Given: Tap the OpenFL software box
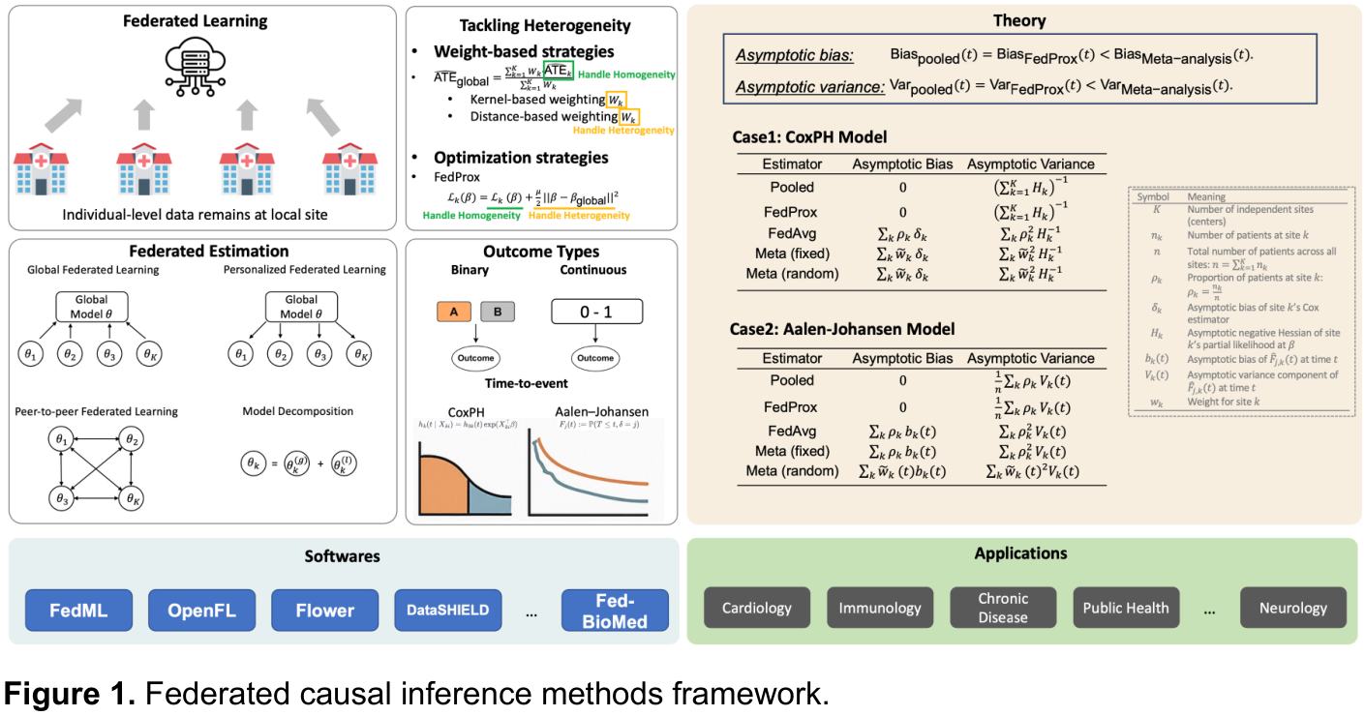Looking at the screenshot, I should pyautogui.click(x=201, y=610).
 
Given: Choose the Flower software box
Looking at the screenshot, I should pyautogui.click(x=324, y=610).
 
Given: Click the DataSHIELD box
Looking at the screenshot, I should pyautogui.click(x=447, y=610).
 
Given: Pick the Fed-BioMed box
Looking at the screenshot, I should pyautogui.click(x=615, y=610).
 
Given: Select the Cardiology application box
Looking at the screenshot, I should pyautogui.click(x=757, y=608).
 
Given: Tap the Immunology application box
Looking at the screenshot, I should pyautogui.click(x=880, y=608).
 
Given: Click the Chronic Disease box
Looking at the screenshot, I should pyautogui.click(x=1003, y=608).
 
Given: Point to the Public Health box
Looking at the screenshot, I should pyautogui.click(x=1126, y=608).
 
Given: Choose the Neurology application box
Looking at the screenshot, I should pyautogui.click(x=1292, y=608).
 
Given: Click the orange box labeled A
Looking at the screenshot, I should pyautogui.click(x=454, y=312).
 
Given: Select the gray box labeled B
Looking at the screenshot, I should pyautogui.click(x=498, y=312).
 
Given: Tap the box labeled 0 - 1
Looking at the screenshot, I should pyautogui.click(x=595, y=312).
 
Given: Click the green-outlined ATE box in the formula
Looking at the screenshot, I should pyautogui.click(x=557, y=71).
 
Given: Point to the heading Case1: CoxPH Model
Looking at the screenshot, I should pyautogui.click(x=809, y=137).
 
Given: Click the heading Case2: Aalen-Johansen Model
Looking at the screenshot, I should pyautogui.click(x=842, y=329).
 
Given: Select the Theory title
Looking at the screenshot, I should pyautogui.click(x=1019, y=20).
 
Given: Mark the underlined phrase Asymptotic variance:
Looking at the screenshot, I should pyautogui.click(x=809, y=87).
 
